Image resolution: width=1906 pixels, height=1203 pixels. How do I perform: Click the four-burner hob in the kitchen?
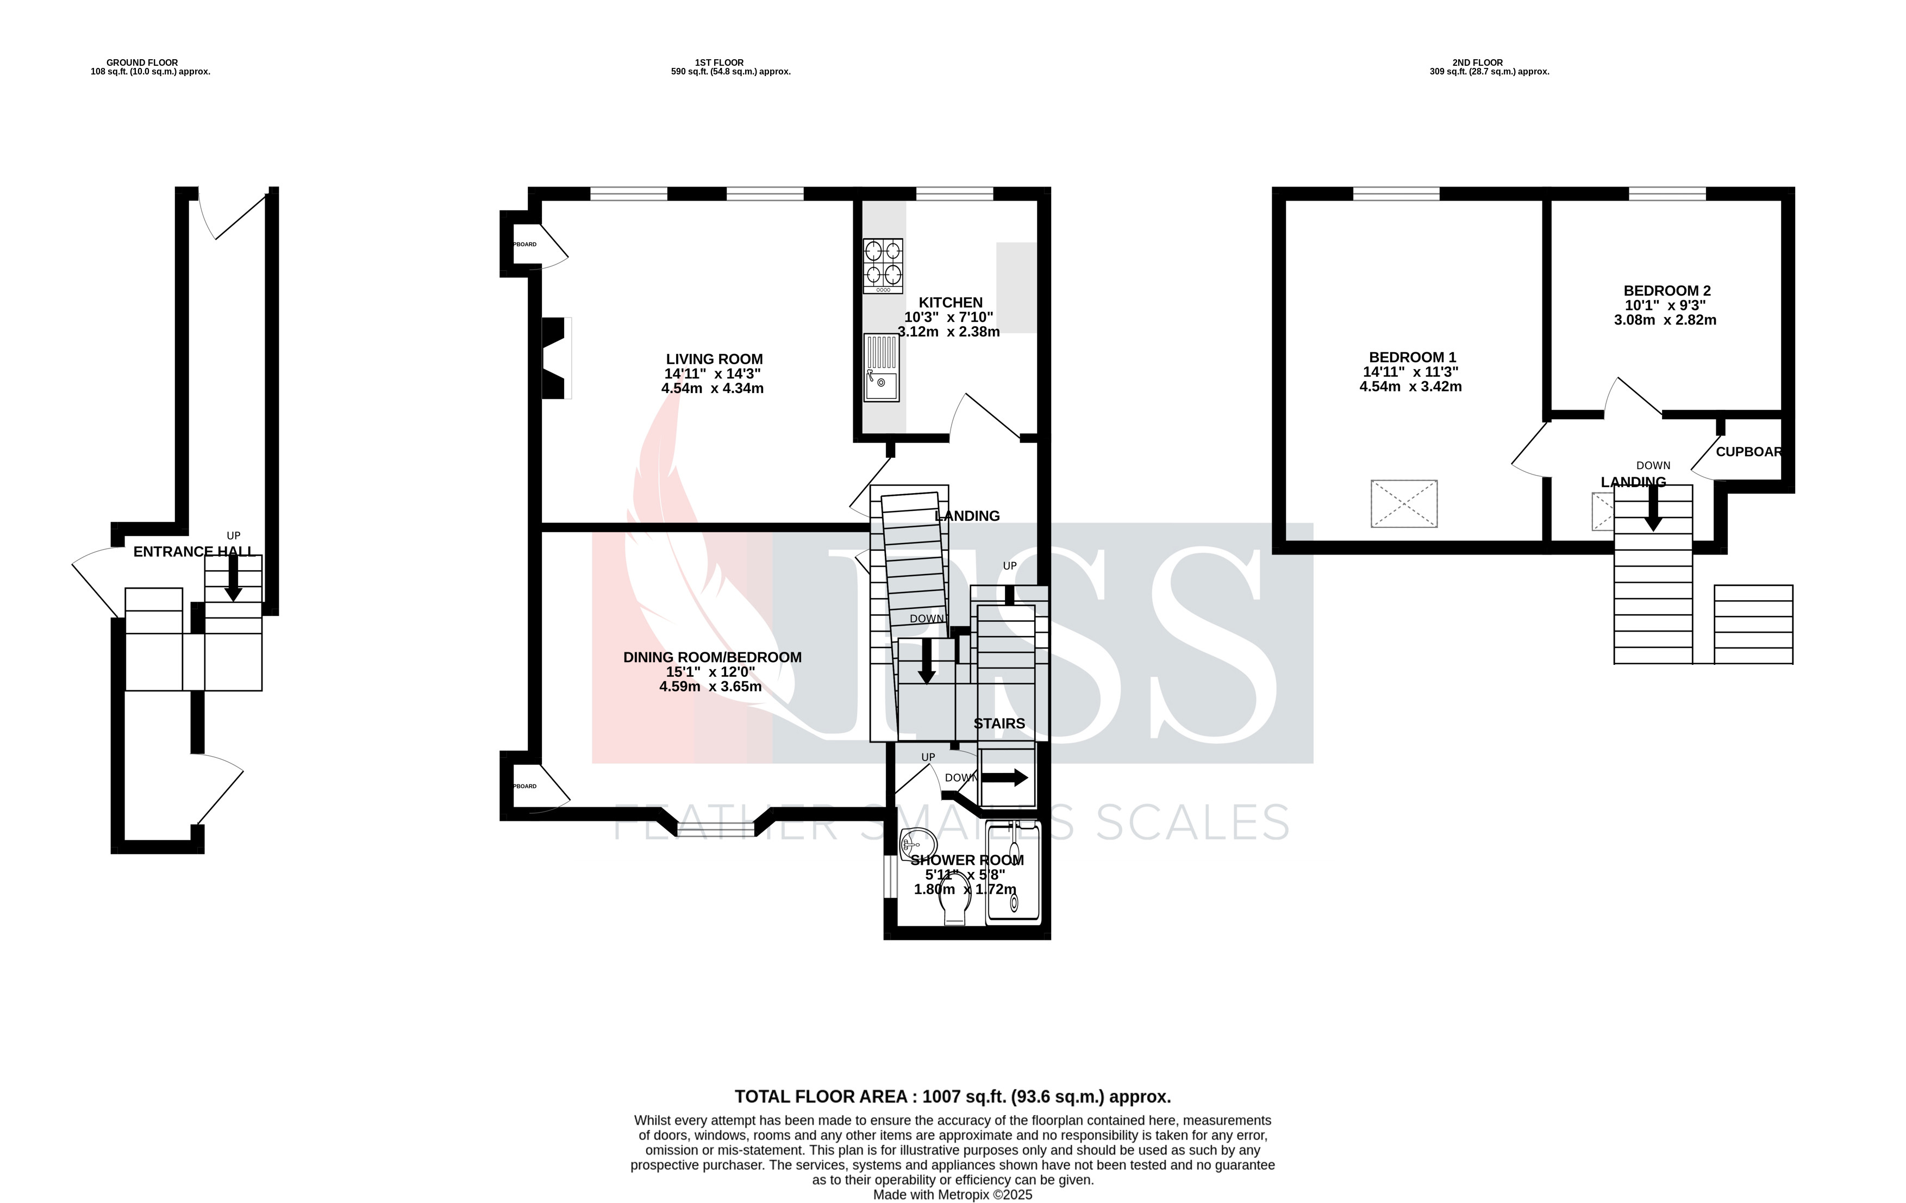pos(883,265)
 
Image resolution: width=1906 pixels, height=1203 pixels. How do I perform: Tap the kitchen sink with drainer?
pos(881,367)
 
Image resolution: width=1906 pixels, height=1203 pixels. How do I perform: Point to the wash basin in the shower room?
pos(917,842)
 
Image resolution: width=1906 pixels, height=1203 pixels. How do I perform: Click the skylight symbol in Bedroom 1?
pos(1403,503)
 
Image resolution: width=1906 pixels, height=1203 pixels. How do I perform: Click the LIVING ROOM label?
pos(714,359)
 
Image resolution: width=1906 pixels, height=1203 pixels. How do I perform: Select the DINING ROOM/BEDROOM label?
pos(711,657)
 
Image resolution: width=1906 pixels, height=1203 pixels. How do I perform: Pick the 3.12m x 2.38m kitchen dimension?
pos(948,332)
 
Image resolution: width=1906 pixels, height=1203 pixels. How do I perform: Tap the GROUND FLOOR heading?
pos(142,63)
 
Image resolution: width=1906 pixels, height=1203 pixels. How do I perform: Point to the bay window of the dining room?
pos(716,828)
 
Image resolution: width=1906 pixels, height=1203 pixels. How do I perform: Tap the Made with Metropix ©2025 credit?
pos(952,1195)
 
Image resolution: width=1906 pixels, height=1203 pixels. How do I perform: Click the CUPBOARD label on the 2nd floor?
pos(1748,452)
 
